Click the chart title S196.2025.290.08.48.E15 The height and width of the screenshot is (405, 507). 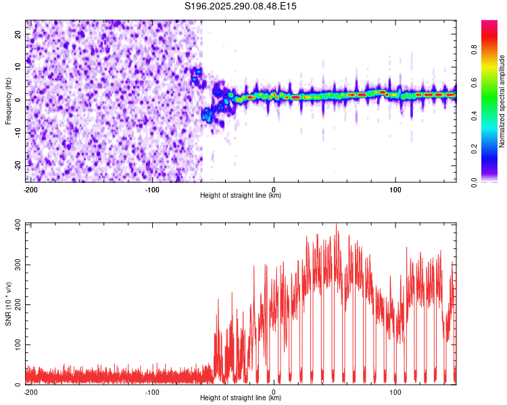(241, 6)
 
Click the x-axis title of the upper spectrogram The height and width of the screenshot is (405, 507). (241, 195)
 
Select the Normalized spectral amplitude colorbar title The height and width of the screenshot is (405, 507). (502, 101)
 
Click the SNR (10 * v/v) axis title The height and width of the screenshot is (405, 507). (8, 304)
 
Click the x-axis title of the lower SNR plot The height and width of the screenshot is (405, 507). (241, 398)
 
